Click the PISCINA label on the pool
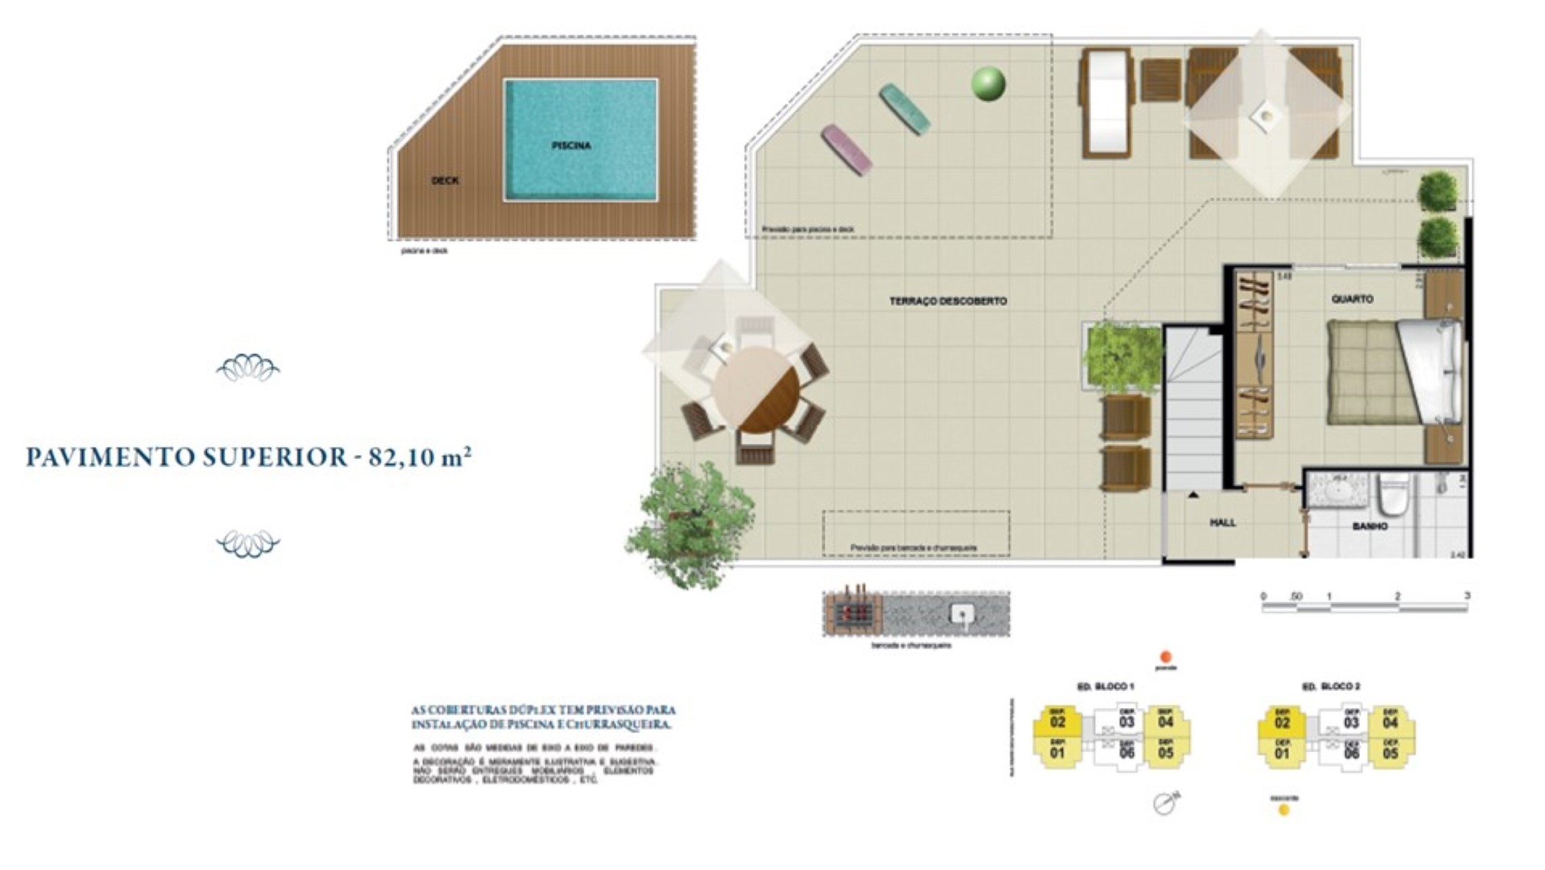point(571,145)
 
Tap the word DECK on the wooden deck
point(445,180)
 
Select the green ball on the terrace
point(988,84)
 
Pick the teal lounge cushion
point(904,108)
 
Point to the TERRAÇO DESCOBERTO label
point(947,301)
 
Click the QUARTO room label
point(1352,299)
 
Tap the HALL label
point(1222,523)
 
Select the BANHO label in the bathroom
point(1369,526)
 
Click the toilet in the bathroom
point(1394,495)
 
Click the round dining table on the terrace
point(756,391)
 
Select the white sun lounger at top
point(1106,103)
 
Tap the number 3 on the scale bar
point(1466,596)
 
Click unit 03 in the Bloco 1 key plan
point(1126,721)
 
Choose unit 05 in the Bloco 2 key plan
point(1390,753)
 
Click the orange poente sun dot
point(1166,656)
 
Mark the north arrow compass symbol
point(1165,803)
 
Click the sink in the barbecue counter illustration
point(962,614)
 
